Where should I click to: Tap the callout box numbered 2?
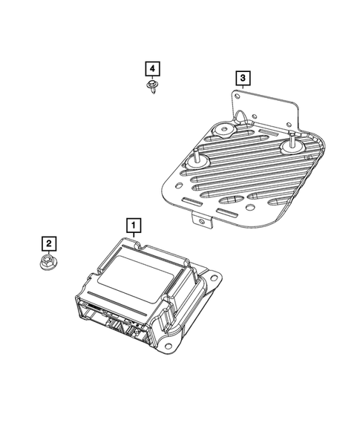point(47,243)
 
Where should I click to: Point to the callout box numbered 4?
point(151,69)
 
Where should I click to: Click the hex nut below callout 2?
point(48,261)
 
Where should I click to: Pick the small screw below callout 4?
point(152,88)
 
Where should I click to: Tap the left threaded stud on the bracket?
point(199,160)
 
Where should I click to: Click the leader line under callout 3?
point(242,87)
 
